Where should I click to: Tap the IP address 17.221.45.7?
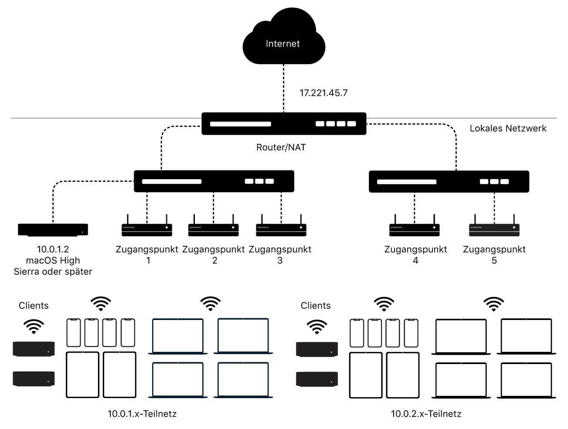click(x=323, y=93)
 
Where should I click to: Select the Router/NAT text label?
click(x=281, y=147)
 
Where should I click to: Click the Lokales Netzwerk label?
click(x=508, y=128)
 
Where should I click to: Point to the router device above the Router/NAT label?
click(x=284, y=124)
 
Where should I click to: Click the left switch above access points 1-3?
click(x=214, y=181)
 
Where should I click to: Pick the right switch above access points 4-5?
click(x=449, y=182)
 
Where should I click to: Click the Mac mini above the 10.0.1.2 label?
click(x=53, y=230)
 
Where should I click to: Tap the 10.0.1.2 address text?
click(x=53, y=249)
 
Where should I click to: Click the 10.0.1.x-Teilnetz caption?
click(x=142, y=414)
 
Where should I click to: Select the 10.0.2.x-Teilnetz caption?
click(x=426, y=414)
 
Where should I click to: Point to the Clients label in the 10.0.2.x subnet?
click(x=316, y=306)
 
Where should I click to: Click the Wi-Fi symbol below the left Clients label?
click(x=34, y=326)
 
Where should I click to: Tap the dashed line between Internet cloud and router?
click(x=284, y=87)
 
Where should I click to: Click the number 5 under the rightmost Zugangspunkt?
click(x=494, y=261)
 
